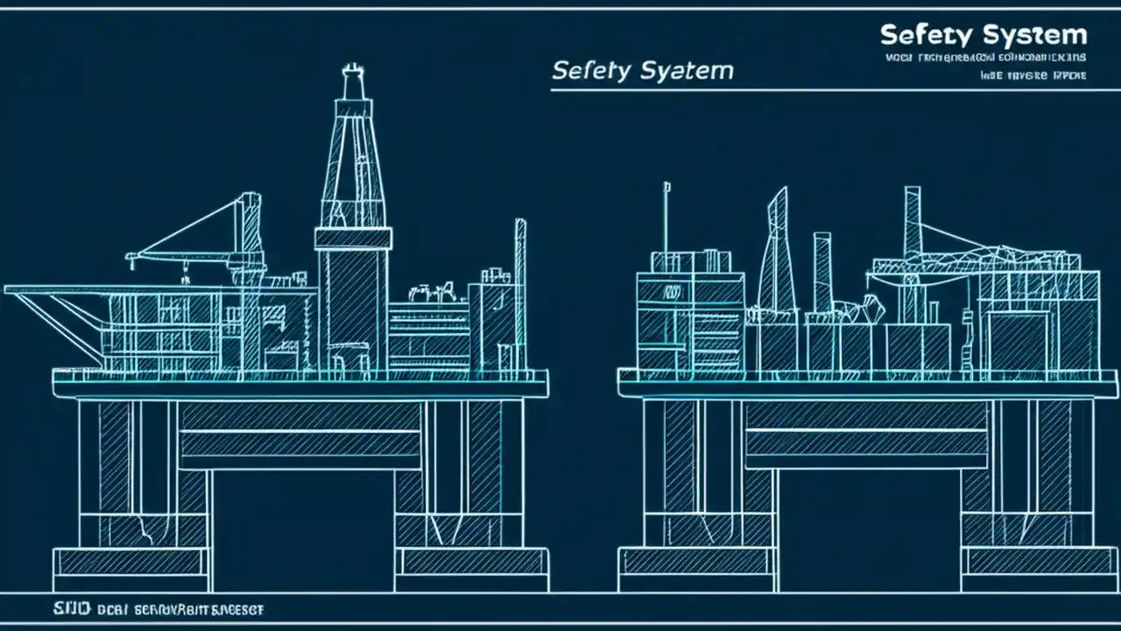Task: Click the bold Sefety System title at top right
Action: pyautogui.click(x=983, y=36)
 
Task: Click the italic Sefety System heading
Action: pyautogui.click(x=642, y=70)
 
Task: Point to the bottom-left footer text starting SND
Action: pyautogui.click(x=145, y=608)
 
